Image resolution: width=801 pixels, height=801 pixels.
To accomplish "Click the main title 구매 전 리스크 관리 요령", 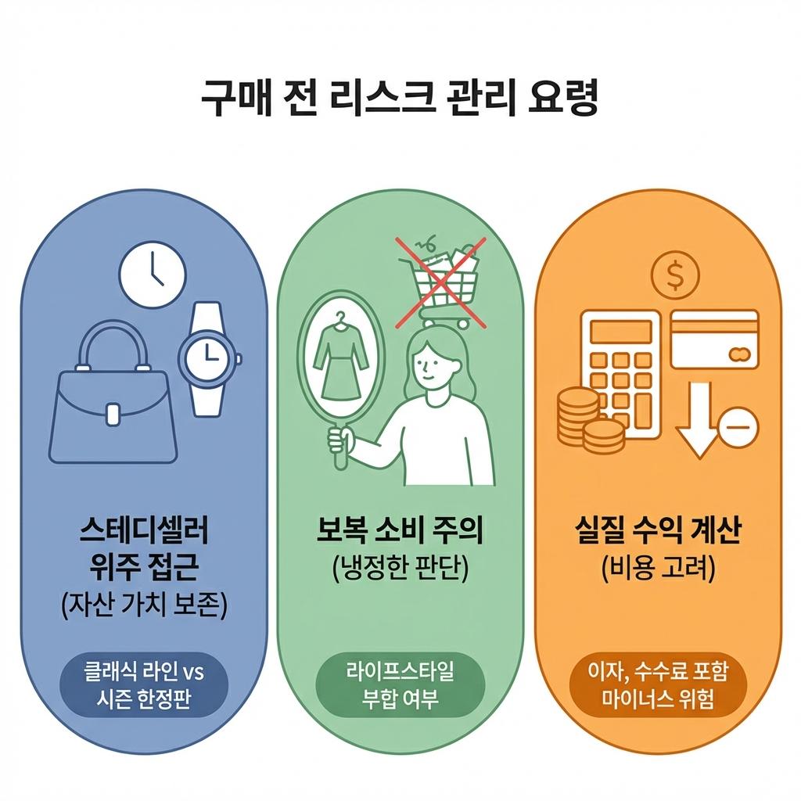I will (x=400, y=99).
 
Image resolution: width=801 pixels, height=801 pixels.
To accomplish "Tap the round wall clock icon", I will (x=153, y=275).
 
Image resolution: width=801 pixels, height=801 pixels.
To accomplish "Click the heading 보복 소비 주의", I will (x=400, y=533).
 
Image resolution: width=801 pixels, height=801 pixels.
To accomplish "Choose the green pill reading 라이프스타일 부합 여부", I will (x=400, y=685).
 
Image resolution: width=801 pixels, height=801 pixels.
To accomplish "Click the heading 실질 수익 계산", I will (x=658, y=533).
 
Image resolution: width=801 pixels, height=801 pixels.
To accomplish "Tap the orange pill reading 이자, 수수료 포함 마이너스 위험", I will (x=658, y=685).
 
